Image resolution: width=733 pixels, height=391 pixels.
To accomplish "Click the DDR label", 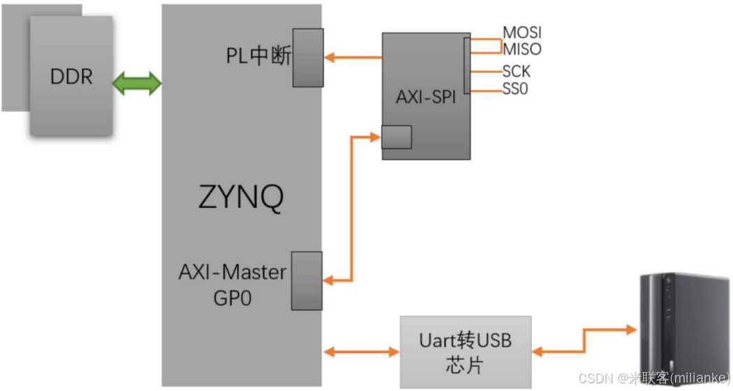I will tap(71, 76).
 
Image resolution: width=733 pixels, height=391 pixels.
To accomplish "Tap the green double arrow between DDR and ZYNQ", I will tap(137, 84).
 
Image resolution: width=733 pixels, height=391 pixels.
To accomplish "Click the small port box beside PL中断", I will tap(308, 57).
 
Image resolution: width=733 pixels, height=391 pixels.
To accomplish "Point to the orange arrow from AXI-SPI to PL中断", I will tap(353, 57).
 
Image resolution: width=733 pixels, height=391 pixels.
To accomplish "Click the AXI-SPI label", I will tap(426, 97).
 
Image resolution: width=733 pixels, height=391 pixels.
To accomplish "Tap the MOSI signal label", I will tap(522, 33).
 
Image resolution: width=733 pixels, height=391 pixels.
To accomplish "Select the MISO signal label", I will tap(522, 49).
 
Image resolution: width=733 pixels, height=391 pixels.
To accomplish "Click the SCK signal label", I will tap(516, 71).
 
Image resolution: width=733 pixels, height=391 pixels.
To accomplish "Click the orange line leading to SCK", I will tap(485, 71).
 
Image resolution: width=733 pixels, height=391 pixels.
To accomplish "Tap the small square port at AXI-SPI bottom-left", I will tap(396, 137).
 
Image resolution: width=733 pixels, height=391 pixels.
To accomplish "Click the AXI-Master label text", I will tap(232, 272).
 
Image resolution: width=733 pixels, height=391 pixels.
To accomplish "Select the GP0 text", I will tap(232, 298).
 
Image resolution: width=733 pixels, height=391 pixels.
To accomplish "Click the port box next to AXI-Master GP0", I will tap(307, 280).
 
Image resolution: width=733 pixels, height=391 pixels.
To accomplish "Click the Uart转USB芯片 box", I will tap(466, 352).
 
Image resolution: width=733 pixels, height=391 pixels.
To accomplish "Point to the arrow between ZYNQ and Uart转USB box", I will tap(361, 350).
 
